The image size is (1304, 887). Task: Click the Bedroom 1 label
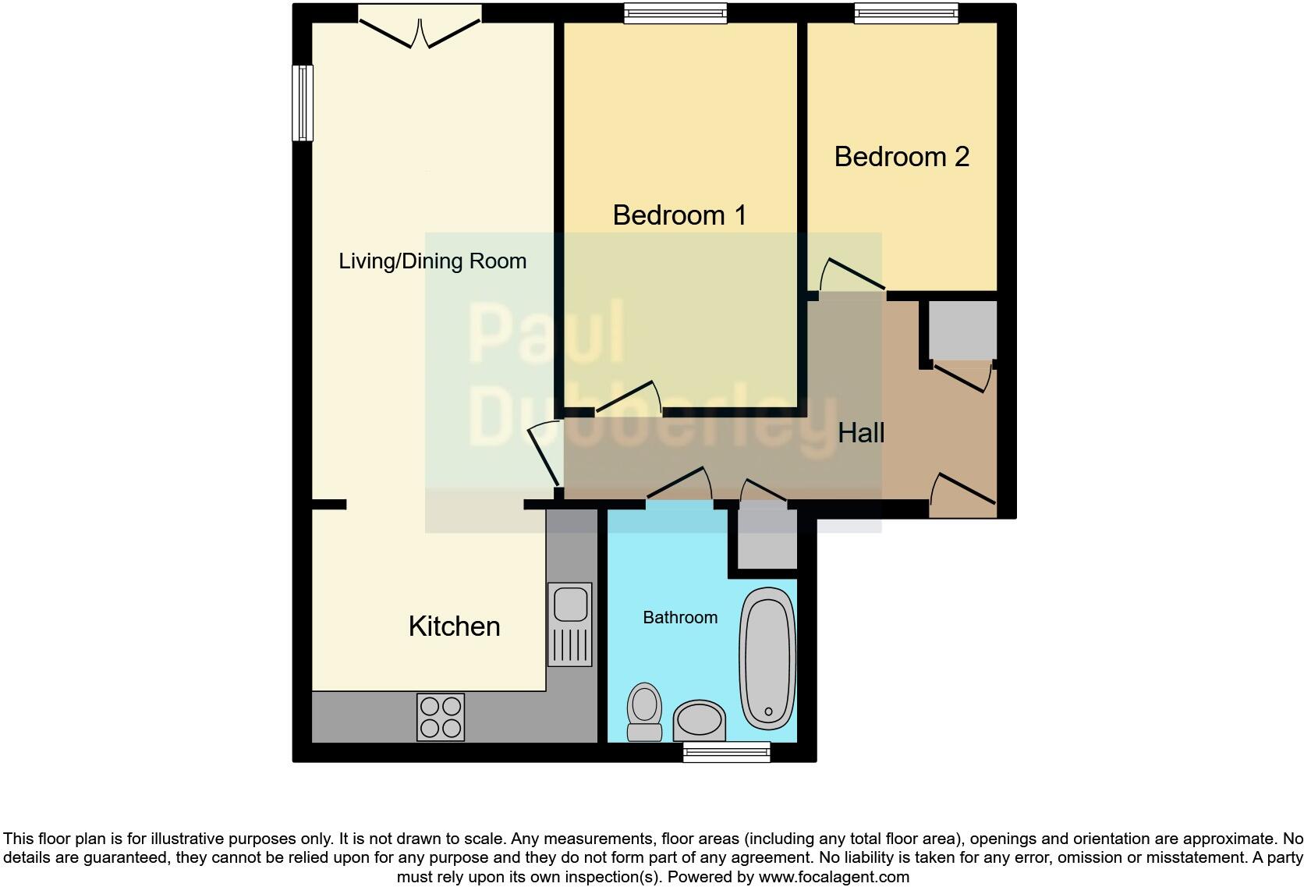click(x=679, y=215)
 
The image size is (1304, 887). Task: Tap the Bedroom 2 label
click(x=902, y=157)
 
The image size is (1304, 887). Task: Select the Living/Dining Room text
click(x=432, y=261)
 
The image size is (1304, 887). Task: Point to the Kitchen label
click(x=454, y=626)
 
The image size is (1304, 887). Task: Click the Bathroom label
click(x=680, y=618)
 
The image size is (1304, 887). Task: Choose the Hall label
click(x=861, y=433)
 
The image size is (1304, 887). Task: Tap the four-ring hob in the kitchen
click(x=441, y=717)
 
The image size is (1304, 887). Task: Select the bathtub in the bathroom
click(x=768, y=658)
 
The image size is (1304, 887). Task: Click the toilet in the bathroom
click(x=644, y=711)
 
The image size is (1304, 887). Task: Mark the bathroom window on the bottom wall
click(x=726, y=752)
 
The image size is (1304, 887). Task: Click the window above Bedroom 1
click(x=676, y=13)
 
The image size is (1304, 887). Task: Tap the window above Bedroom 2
click(x=905, y=13)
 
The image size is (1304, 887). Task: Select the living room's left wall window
click(x=303, y=103)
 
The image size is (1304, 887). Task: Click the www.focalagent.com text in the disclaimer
click(x=834, y=877)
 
